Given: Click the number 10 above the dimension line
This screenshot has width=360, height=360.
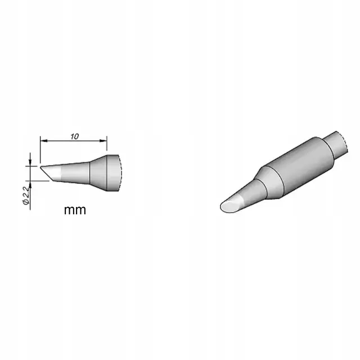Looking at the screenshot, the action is point(75,136).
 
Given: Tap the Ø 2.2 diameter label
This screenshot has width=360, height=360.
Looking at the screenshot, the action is point(26,195).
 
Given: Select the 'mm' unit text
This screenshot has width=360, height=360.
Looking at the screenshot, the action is point(75,210).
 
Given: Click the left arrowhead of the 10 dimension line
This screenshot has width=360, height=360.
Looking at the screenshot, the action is point(44,140).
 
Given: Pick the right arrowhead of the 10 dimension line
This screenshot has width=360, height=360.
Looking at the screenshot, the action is point(103,141).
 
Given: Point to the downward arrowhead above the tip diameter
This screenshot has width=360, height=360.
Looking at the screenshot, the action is point(30,162).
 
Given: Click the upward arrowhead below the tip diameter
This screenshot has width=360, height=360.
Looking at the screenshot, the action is point(30,184).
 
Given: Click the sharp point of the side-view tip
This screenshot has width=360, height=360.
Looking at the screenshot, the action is point(40,167).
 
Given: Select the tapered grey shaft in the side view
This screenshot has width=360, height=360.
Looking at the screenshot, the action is point(75,173).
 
